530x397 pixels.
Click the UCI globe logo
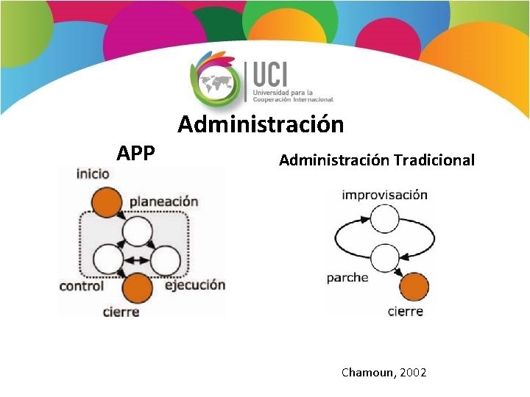[x=215, y=78]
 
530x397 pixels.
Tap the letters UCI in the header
[x=270, y=74]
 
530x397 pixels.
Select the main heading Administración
[x=261, y=124]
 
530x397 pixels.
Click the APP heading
[x=136, y=153]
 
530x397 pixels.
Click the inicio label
[x=93, y=174]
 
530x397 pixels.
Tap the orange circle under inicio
[x=107, y=202]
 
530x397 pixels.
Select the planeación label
[x=164, y=201]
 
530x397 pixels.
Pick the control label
[x=82, y=285]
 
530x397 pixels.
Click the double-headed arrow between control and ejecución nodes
[x=136, y=260]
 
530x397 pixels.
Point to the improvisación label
[x=384, y=195]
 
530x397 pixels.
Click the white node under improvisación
[x=384, y=219]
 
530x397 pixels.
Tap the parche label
[x=347, y=278]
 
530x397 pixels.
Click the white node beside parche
[x=384, y=258]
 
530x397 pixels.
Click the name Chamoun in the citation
[x=368, y=373]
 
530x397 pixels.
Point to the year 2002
[x=414, y=373]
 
